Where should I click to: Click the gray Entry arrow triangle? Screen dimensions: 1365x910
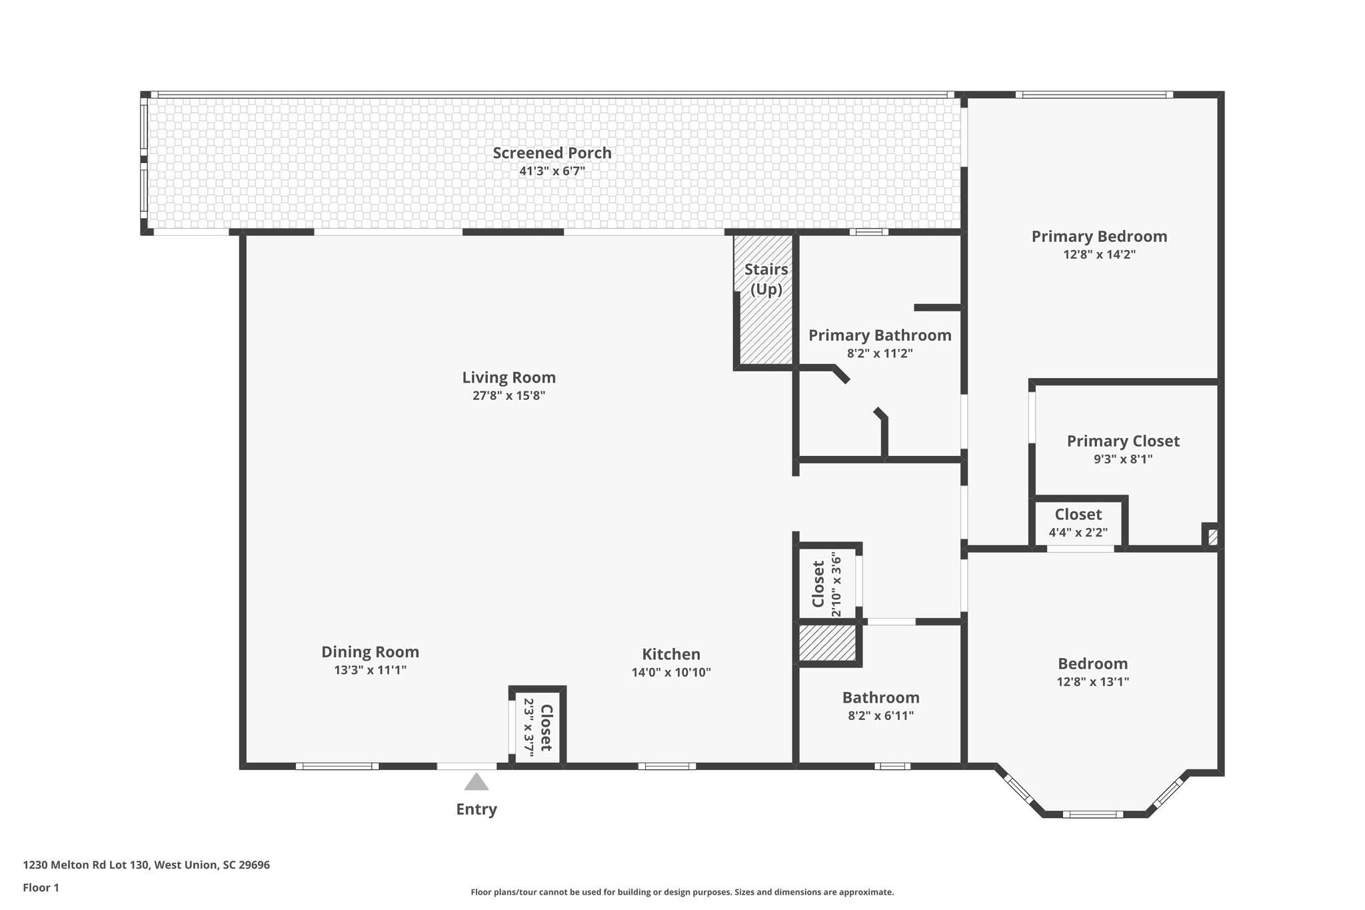point(476,781)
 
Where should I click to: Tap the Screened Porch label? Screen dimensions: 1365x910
point(552,153)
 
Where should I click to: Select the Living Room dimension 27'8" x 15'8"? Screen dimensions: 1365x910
point(509,395)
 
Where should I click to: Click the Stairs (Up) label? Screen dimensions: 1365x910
point(766,279)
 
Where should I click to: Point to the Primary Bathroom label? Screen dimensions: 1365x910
point(880,335)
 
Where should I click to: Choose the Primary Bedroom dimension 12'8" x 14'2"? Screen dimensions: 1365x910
point(1099,254)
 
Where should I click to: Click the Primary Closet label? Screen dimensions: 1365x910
point(1123,441)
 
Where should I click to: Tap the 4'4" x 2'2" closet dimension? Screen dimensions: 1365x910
point(1078,532)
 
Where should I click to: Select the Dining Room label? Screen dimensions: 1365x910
point(370,652)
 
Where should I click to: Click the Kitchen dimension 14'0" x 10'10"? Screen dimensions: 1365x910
point(671,672)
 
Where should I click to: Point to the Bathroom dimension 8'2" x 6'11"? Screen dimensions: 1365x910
point(880,715)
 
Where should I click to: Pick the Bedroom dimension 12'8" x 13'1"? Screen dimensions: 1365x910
point(1092,681)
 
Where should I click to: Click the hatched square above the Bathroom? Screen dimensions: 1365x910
point(827,643)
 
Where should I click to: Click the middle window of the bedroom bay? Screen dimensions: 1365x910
point(1092,814)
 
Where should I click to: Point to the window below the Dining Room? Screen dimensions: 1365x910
point(337,766)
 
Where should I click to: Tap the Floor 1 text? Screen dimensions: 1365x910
point(41,887)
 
